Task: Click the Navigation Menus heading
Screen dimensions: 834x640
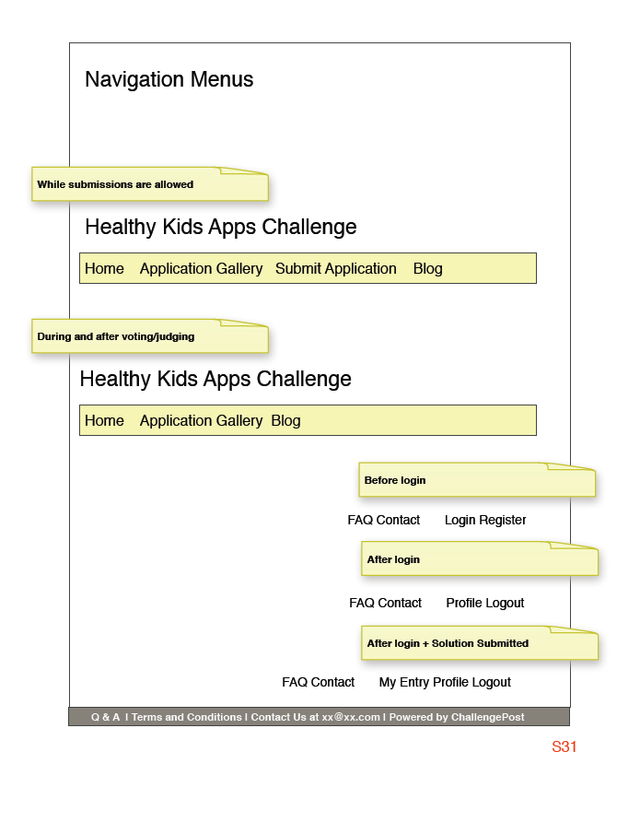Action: click(169, 79)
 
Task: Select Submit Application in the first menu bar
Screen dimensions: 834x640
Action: click(335, 269)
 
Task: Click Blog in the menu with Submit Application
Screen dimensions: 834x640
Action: click(427, 269)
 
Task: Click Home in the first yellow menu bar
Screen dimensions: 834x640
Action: click(104, 269)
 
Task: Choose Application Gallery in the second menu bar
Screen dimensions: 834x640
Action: click(201, 421)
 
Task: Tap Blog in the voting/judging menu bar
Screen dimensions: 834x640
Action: click(285, 421)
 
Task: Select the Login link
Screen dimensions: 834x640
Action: click(460, 521)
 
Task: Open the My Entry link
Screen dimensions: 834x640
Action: click(403, 683)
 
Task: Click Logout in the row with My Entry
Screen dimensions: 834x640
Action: click(492, 683)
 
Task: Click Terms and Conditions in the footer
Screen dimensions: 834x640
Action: click(186, 717)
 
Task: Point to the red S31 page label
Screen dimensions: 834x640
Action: click(564, 746)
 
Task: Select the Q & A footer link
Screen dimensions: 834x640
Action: click(105, 717)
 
